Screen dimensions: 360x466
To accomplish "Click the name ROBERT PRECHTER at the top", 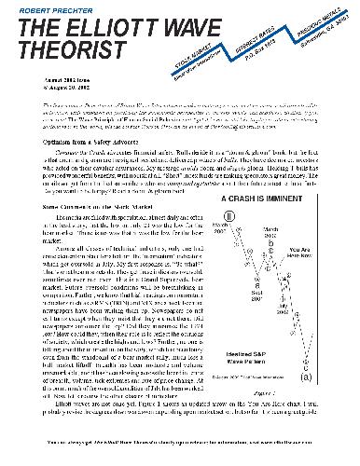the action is [x=46, y=7].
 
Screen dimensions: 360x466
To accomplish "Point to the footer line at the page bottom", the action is [x=179, y=456].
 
